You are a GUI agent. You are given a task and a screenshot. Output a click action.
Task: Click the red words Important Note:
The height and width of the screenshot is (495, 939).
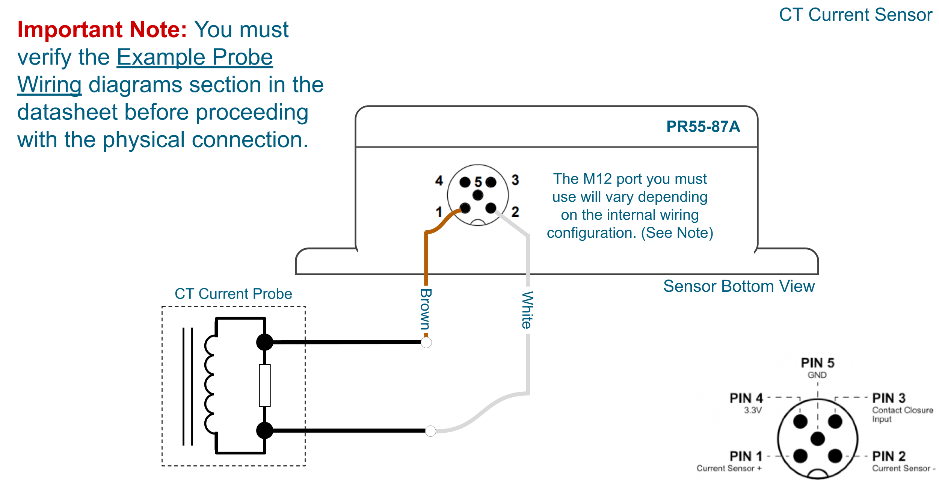[102, 30]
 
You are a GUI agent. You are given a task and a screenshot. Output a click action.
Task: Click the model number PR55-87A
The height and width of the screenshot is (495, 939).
[703, 127]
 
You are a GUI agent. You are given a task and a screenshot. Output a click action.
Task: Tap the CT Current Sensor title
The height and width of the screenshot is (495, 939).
[855, 15]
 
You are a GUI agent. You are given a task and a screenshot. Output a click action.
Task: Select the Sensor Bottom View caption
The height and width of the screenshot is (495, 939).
[738, 286]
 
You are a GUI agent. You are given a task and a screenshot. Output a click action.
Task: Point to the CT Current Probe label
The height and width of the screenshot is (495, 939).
[233, 294]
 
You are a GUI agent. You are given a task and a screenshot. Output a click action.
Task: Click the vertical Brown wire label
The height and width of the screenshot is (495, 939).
[426, 309]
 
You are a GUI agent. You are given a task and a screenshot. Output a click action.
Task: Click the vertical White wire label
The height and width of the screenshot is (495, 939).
[527, 310]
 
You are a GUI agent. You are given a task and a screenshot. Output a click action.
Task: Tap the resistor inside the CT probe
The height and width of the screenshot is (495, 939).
[265, 385]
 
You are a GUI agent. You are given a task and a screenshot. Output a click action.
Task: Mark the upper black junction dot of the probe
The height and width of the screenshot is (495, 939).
[265, 342]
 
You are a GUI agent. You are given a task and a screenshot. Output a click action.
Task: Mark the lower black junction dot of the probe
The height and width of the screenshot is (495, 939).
[265, 430]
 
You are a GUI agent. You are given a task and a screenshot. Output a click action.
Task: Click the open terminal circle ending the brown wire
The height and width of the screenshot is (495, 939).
[426, 343]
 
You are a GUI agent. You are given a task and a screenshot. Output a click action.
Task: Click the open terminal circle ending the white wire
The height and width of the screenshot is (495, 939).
[430, 431]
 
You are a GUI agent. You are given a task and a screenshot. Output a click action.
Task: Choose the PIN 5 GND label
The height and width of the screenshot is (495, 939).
[817, 368]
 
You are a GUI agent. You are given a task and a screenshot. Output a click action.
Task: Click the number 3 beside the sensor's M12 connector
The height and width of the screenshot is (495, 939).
[515, 180]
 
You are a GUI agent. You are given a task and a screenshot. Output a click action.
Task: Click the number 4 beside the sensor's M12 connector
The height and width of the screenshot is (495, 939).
[439, 181]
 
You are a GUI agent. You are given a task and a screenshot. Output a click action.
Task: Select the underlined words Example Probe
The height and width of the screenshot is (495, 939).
[195, 57]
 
